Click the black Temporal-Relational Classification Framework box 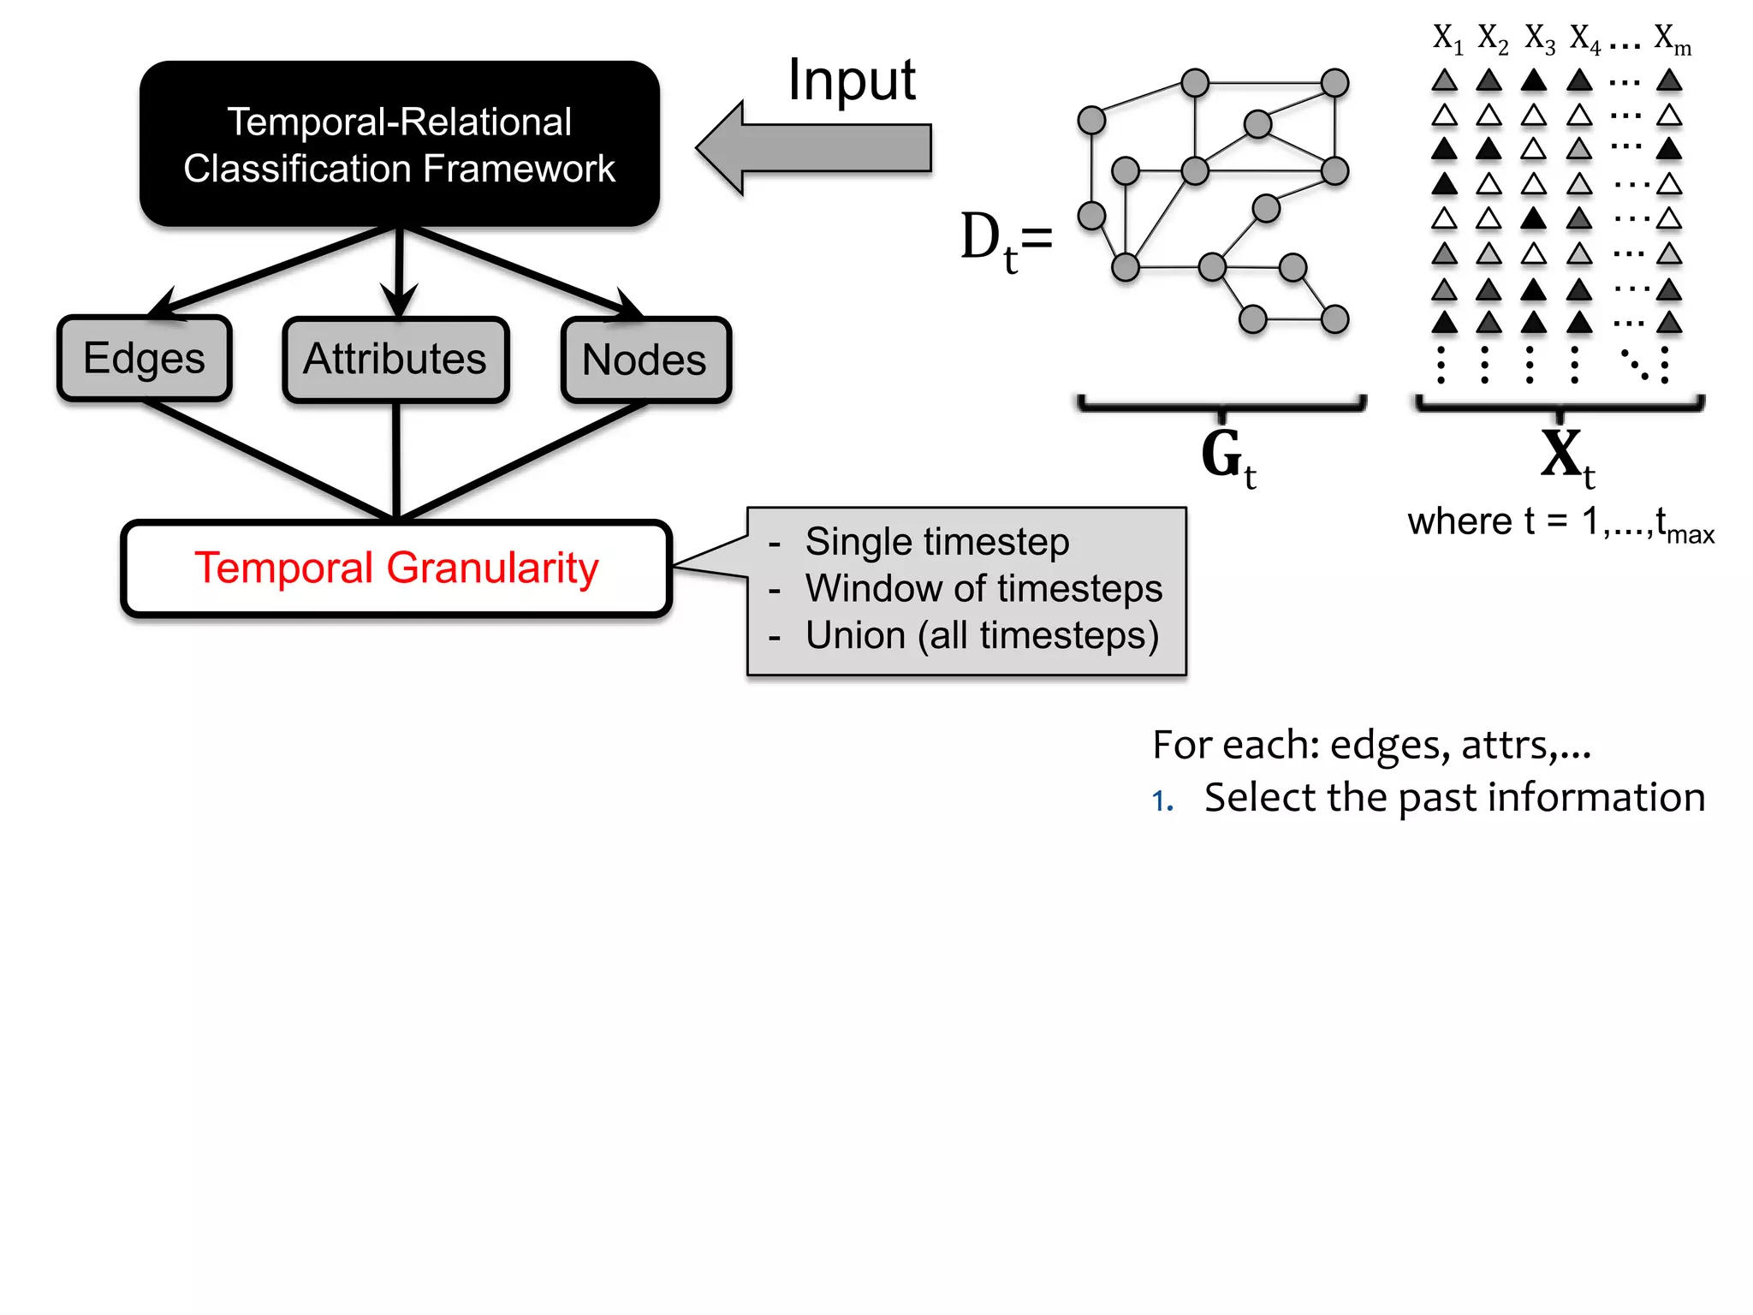(399, 144)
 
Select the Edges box (144, 359)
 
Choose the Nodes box (645, 360)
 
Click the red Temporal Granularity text (396, 568)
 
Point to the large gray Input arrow (813, 148)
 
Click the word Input (851, 80)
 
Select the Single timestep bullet (936, 542)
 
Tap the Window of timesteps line (983, 589)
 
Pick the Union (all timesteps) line (981, 636)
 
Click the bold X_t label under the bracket (1566, 458)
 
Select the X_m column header (1672, 39)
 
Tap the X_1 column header (1447, 39)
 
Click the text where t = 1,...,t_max (1560, 522)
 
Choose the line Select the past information (1453, 798)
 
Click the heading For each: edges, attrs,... (1371, 745)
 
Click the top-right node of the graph (1334, 83)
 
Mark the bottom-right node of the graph (1334, 319)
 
